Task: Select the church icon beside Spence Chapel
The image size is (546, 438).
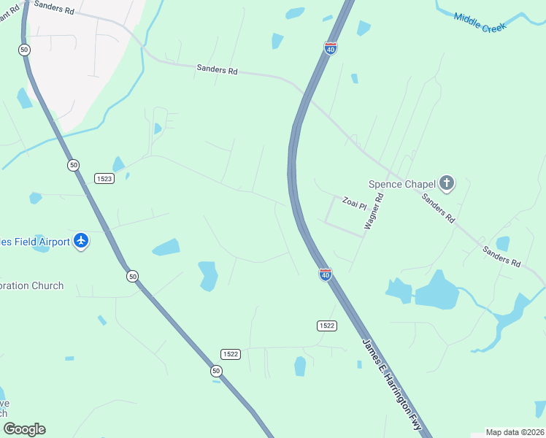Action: pos(446,183)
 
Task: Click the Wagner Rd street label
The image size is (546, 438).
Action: pos(374,212)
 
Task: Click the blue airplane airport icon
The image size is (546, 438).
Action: pos(80,241)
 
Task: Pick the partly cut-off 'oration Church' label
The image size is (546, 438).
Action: pos(32,285)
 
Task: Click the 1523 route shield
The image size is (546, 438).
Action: pos(104,178)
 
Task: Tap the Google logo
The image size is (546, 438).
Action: pos(24,429)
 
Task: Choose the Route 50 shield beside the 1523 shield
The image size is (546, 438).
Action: pos(73,165)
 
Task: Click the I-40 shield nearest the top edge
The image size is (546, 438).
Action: pos(331,48)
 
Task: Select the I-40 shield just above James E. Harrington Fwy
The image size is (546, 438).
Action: pos(325,274)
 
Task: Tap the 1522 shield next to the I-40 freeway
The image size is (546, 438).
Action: pos(326,325)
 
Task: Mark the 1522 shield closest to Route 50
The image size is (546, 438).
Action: pos(231,354)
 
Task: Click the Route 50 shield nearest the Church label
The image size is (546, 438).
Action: pos(131,276)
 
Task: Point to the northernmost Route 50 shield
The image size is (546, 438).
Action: pos(24,50)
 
